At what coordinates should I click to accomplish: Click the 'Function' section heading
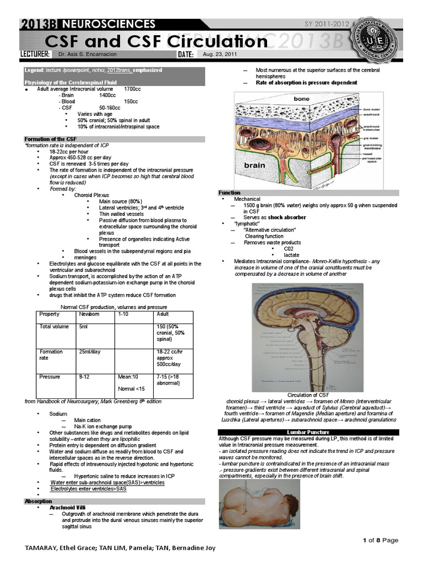click(x=229, y=193)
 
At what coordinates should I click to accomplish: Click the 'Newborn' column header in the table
click(x=89, y=313)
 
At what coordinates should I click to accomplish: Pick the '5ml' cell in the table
click(x=83, y=327)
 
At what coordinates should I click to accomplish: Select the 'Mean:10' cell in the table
click(x=128, y=377)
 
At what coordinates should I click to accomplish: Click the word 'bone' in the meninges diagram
click(x=301, y=99)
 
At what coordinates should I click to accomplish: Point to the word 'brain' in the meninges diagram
click(x=254, y=165)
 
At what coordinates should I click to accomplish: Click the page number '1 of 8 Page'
click(x=379, y=540)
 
